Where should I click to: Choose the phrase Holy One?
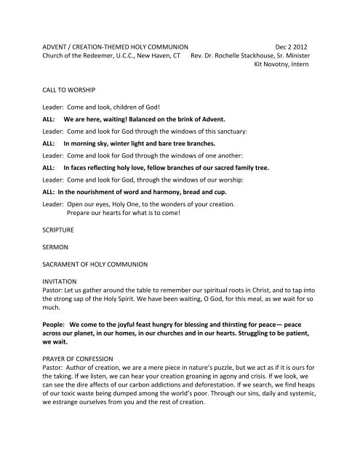[x=126, y=206]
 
